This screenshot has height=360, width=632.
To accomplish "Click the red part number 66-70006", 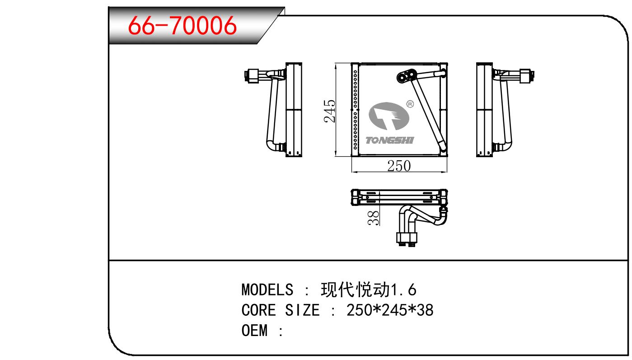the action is pos(182,25).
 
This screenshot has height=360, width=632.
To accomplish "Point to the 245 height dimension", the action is pos(329,111).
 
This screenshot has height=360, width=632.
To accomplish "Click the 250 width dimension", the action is pos(399,166).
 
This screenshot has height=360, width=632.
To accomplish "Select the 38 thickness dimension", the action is pos(374,218).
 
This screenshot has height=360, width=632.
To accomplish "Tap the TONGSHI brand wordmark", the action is pos(390,140).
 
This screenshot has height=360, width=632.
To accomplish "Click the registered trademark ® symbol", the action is pos(410,104).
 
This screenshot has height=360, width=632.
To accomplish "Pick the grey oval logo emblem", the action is pos(389,116).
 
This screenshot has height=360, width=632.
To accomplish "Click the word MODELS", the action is pos(267,290).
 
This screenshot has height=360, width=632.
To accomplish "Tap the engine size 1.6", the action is pos(403,290).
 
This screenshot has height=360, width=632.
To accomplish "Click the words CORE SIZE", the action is pos(281,310).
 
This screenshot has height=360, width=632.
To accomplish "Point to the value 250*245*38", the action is pos(390,310).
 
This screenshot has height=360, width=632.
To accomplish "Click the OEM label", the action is pos(254,330).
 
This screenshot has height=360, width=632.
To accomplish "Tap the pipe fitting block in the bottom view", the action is pos(407,238).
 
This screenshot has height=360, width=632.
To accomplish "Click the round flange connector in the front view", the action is pos(407,76).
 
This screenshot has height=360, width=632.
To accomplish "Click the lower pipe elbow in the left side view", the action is pos(275,146).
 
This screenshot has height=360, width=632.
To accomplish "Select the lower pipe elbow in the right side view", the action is pos(503,146).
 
